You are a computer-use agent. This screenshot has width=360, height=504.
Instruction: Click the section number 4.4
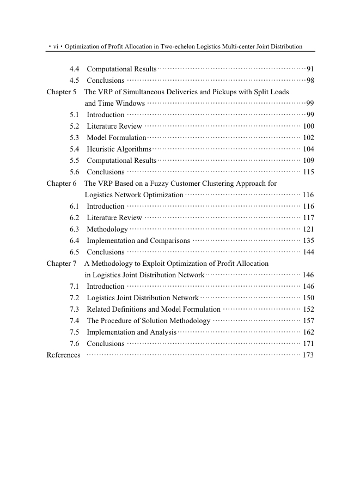[75, 69]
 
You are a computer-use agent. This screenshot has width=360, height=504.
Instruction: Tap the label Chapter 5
[62, 92]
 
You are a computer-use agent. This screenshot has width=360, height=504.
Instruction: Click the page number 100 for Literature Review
[308, 126]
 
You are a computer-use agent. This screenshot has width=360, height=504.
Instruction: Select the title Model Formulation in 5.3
[117, 138]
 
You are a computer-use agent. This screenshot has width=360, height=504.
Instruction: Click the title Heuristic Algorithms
[119, 149]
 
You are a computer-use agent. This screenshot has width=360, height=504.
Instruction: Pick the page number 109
[308, 161]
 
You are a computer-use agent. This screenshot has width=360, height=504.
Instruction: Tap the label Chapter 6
[62, 184]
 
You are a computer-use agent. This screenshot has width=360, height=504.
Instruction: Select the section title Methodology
[107, 229]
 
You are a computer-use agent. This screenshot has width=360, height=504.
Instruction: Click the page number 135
[308, 241]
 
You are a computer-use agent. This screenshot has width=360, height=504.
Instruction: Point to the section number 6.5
[75, 252]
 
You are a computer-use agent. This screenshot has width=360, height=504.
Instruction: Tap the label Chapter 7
[62, 264]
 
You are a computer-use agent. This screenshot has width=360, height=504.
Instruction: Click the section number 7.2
[75, 298]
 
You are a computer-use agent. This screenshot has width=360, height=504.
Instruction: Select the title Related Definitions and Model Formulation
[154, 309]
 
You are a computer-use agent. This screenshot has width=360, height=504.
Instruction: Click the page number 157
[308, 321]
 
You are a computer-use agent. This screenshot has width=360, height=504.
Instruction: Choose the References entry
[64, 355]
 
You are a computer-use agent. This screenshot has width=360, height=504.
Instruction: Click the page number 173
[308, 355]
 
